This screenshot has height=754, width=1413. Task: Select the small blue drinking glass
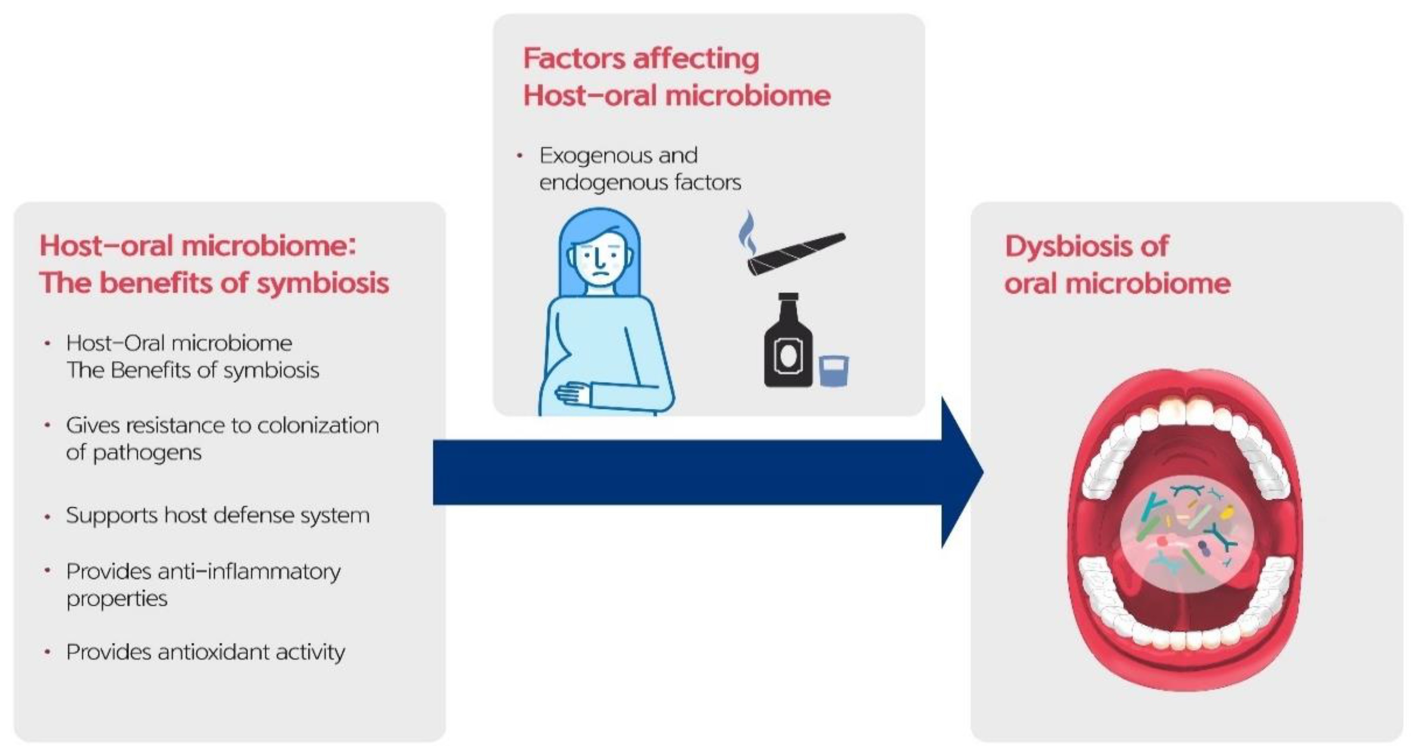click(833, 371)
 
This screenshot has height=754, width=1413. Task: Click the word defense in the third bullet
click(264, 515)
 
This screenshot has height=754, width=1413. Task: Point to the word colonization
click(318, 426)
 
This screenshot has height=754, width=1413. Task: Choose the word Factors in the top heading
click(574, 59)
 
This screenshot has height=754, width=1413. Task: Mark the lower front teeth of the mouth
click(1185, 639)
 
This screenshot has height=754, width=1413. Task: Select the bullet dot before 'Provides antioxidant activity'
click(48, 652)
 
